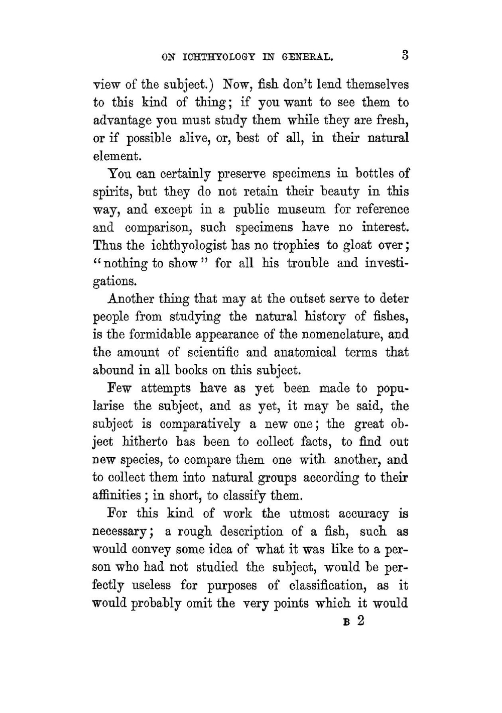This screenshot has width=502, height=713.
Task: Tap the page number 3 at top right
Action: [405, 55]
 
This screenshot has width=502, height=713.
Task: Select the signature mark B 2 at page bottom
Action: [353, 621]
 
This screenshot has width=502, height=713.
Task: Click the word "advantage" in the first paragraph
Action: [122, 121]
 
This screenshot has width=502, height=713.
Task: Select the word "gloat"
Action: [356, 245]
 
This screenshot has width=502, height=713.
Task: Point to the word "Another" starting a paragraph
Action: [133, 299]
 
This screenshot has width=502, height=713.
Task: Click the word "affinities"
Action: [116, 496]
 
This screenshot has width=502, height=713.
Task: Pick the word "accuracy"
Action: [363, 514]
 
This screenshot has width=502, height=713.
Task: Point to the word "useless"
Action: [151, 585]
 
